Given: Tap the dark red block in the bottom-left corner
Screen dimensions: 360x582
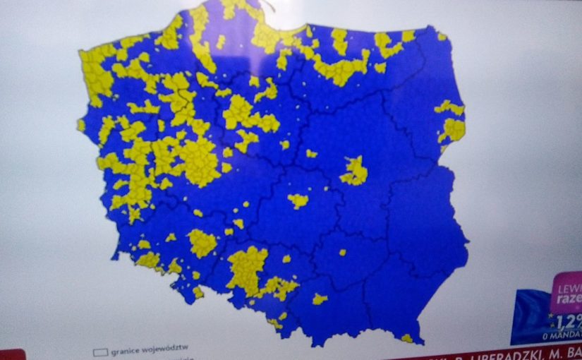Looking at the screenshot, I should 11,354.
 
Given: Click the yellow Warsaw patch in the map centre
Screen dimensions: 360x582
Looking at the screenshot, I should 354,172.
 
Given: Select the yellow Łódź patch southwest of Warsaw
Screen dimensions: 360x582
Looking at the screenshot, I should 298,201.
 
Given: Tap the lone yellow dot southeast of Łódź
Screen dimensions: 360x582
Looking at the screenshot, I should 342,252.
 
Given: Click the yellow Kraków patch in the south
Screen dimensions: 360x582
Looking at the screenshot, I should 320,299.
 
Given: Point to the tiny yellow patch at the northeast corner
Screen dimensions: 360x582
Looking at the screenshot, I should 442,36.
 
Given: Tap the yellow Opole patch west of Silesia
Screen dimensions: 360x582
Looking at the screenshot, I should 202,243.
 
